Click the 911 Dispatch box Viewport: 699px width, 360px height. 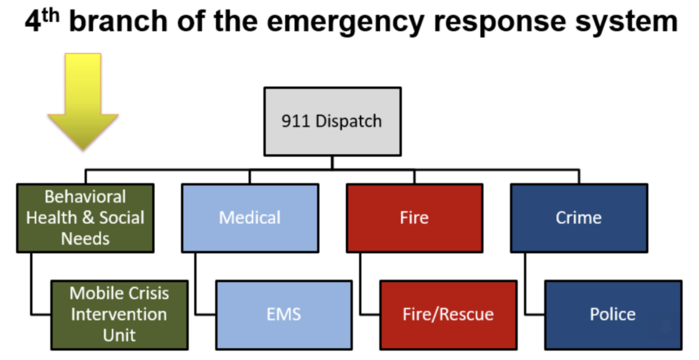(332, 121)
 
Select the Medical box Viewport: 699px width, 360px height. (250, 218)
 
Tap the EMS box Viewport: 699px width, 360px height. (284, 315)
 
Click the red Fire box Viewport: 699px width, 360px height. (415, 218)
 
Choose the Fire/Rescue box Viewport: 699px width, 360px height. (448, 315)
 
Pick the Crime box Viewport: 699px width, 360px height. (579, 218)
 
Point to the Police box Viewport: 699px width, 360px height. (613, 315)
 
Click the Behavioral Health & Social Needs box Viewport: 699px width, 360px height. (85, 218)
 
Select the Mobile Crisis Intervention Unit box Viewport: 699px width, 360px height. (119, 315)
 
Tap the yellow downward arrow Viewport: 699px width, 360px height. (83, 101)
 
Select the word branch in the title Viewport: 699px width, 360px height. (118, 21)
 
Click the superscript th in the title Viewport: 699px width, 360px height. (50, 16)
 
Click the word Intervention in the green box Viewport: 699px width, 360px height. (119, 314)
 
